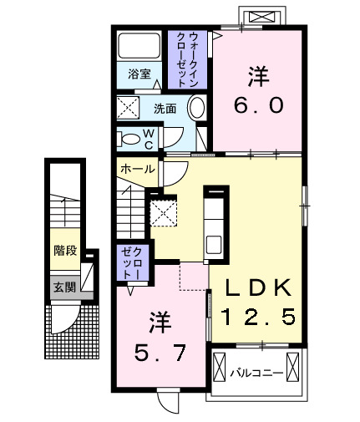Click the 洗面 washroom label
(x=164, y=109)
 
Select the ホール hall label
(x=138, y=168)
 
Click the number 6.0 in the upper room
(x=257, y=105)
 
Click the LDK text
(x=258, y=288)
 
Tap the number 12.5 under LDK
(x=258, y=318)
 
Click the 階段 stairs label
(x=65, y=249)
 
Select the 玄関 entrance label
(x=63, y=287)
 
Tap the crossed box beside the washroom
(x=129, y=109)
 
